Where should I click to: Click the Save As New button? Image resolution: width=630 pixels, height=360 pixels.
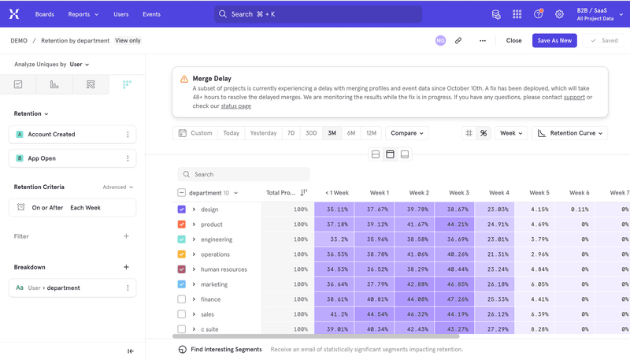pos(554,40)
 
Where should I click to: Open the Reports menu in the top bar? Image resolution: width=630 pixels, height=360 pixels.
pos(83,14)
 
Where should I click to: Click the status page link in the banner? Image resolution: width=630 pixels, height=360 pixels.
pos(235,106)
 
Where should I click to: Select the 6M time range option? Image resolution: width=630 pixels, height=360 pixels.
pos(351,133)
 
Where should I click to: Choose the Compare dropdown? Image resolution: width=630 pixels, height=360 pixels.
pos(407,133)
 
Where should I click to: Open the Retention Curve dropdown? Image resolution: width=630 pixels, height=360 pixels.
pos(570,133)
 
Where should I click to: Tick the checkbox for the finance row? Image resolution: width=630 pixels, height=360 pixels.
pos(182,299)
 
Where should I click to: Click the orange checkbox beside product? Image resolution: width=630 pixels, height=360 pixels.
pos(182,225)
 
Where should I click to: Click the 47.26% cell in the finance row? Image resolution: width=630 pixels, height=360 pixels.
pos(458,299)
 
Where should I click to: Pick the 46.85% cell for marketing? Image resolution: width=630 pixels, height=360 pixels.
pos(458,284)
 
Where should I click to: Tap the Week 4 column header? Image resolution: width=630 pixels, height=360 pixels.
pos(498,193)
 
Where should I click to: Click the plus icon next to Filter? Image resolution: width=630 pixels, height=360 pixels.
pos(126,236)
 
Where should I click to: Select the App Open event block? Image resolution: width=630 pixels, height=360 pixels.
pos(72,158)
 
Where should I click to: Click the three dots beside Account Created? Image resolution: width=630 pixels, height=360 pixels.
pos(128,135)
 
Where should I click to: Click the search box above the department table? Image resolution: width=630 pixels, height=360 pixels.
pos(244,174)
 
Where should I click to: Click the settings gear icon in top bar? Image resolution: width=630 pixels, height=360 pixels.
pos(559,14)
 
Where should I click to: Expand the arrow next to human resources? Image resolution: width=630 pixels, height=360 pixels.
pos(194,269)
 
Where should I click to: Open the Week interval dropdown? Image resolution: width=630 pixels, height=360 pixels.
pos(510,133)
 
